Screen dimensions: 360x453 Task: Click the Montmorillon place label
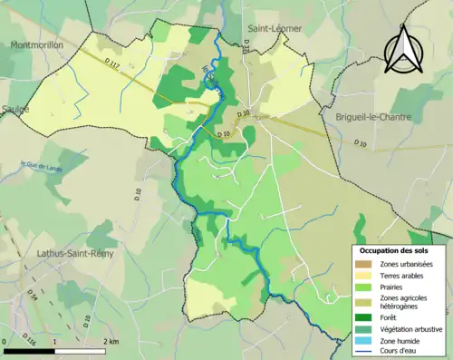(x=40, y=44)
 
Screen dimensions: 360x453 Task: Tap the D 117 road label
(x=111, y=63)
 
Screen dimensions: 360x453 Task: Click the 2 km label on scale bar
(x=110, y=341)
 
